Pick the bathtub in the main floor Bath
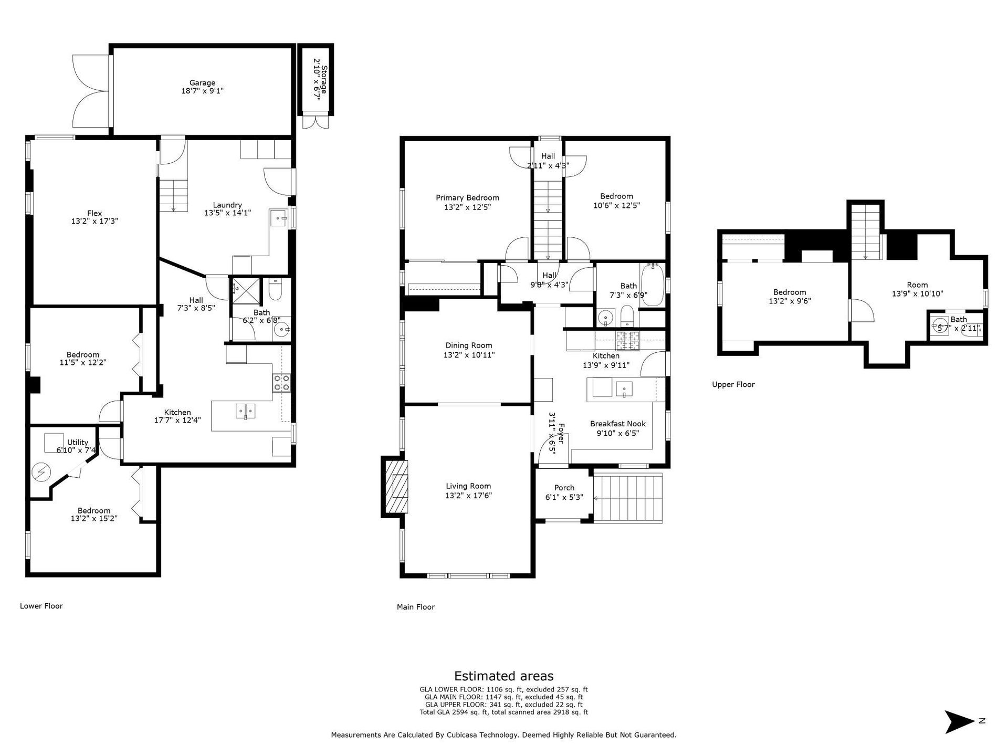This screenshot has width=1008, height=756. [653, 285]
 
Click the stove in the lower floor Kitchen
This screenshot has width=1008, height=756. [281, 383]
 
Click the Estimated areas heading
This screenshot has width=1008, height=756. [503, 676]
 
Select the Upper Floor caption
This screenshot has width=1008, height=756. [733, 384]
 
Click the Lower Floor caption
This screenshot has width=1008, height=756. [41, 606]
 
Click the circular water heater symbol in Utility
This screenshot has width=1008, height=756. [40, 472]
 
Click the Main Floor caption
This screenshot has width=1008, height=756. [416, 607]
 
